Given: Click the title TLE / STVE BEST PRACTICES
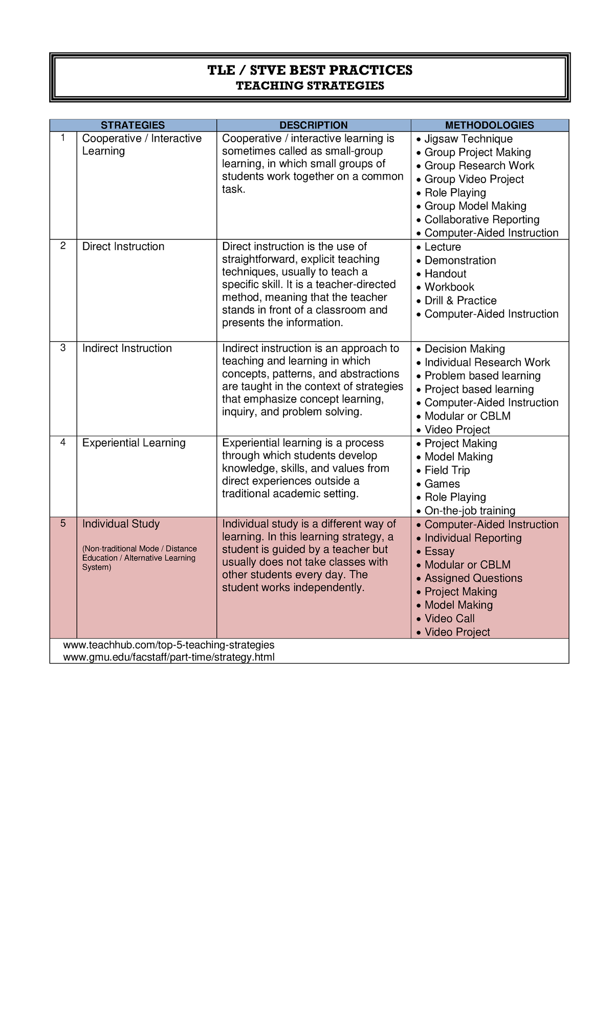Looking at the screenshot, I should (x=310, y=70).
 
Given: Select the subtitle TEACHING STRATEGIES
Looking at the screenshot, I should (x=310, y=86).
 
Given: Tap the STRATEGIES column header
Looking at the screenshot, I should (x=133, y=125).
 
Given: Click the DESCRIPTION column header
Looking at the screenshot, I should (x=313, y=125).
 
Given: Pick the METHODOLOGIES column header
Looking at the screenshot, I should (x=489, y=125).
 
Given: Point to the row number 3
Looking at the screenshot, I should (x=63, y=348).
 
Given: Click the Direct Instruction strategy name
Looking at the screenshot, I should (x=123, y=247).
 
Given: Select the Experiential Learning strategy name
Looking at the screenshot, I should (x=134, y=443).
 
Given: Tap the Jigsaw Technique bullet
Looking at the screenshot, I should (x=468, y=139).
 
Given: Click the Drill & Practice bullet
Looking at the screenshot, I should (x=460, y=301).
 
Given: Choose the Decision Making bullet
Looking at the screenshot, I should (x=464, y=349).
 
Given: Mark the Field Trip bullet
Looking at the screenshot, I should (x=447, y=470).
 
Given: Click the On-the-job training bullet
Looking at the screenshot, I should (x=469, y=511).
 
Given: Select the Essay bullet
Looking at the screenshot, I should (x=439, y=552).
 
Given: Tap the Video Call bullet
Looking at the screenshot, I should (x=449, y=619).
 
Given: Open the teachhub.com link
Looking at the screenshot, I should (x=168, y=645).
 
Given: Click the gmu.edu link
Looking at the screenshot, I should (x=168, y=657).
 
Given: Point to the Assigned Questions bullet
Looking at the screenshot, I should (x=473, y=578).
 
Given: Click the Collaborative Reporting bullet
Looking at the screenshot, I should (x=481, y=219).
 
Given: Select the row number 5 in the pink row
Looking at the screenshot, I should (x=63, y=523).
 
